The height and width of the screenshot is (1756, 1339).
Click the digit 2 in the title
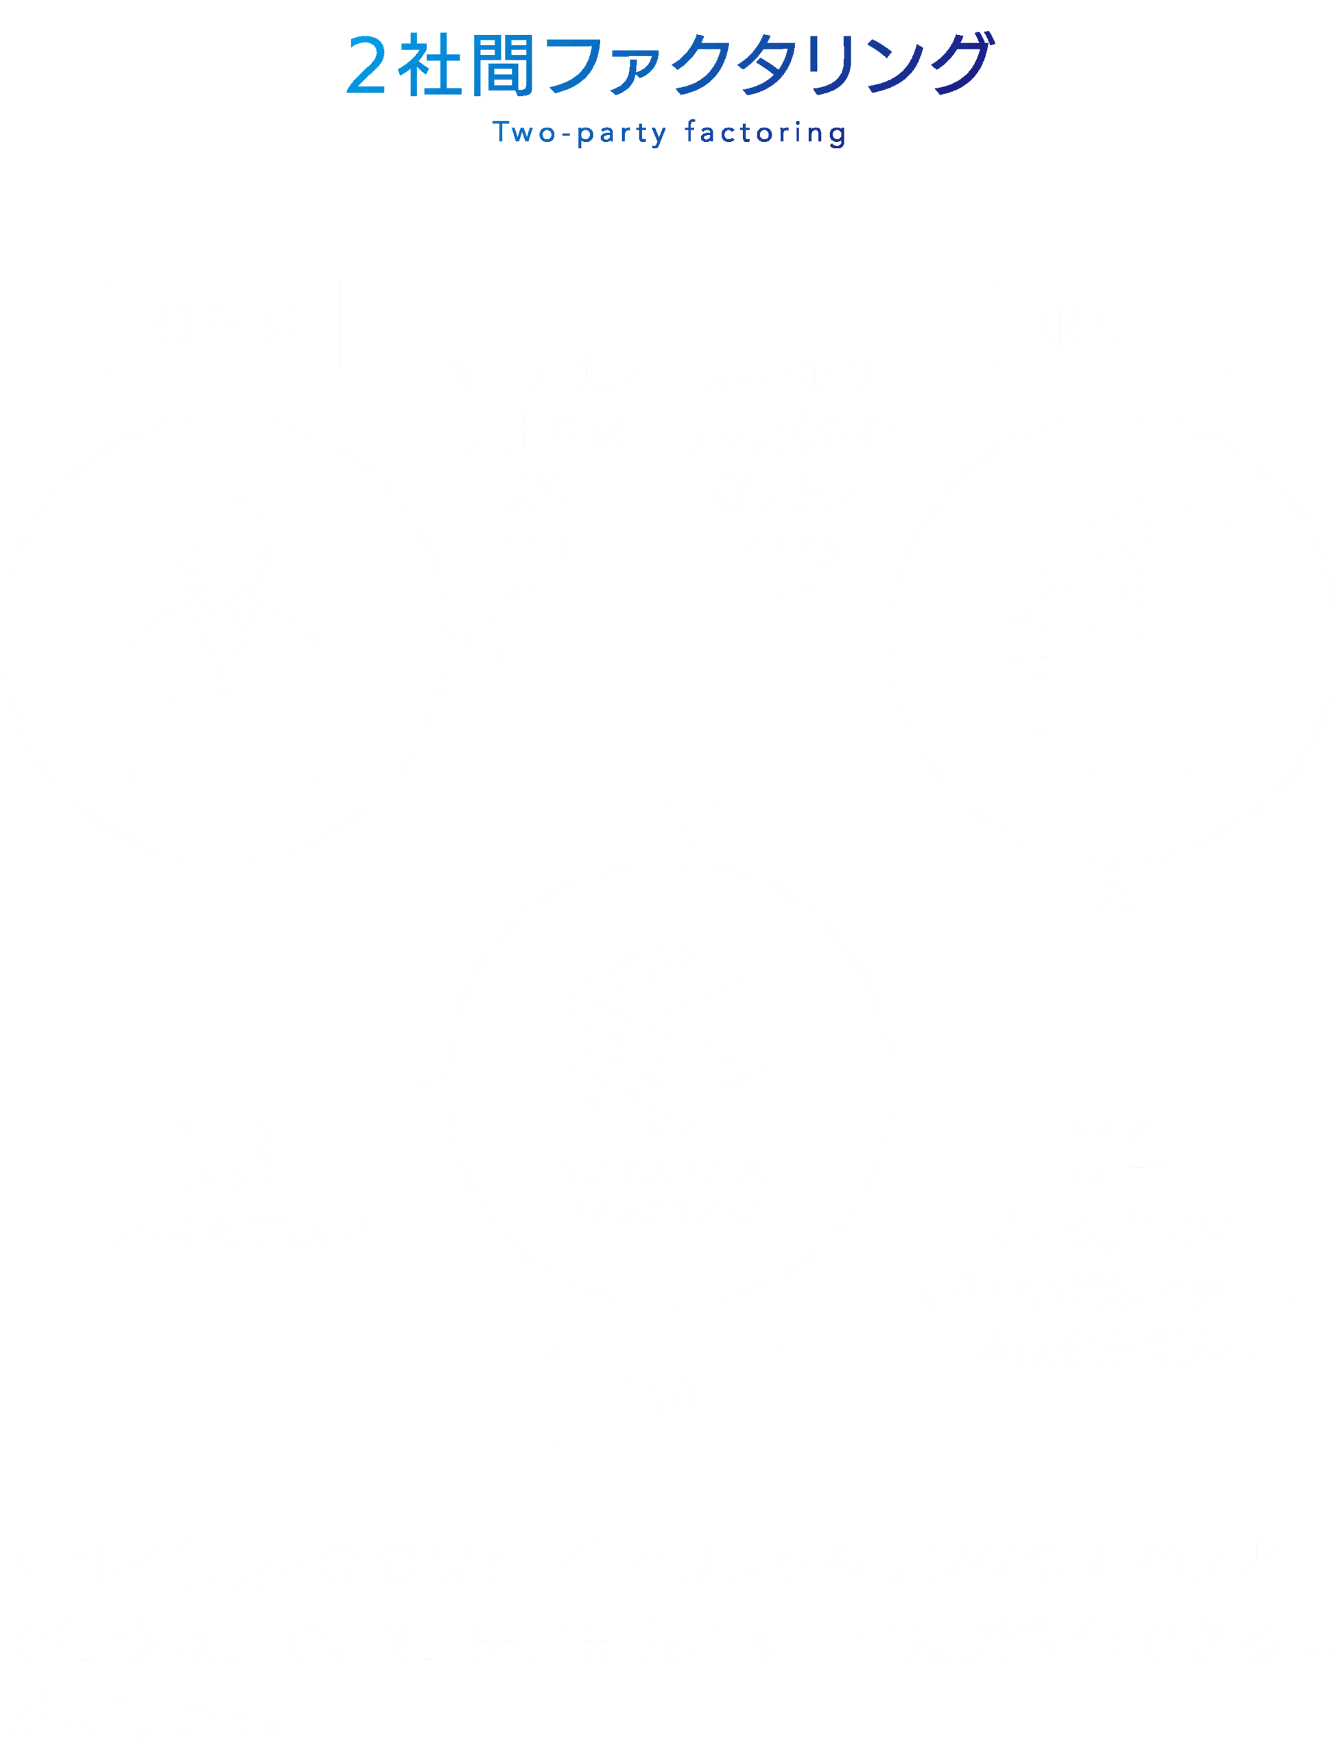(x=366, y=66)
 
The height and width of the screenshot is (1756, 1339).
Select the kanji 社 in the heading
(x=429, y=66)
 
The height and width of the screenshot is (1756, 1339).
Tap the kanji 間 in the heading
(x=502, y=66)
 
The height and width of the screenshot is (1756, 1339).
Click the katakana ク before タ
(x=701, y=66)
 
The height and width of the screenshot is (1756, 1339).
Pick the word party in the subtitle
(x=621, y=134)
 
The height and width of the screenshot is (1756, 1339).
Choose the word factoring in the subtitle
(x=765, y=133)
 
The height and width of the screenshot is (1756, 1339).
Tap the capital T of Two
(x=501, y=132)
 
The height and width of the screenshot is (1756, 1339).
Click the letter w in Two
(x=523, y=134)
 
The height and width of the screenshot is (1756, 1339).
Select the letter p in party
(x=585, y=136)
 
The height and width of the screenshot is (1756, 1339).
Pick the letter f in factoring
(x=690, y=131)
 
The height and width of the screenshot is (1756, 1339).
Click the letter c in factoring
(x=728, y=134)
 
